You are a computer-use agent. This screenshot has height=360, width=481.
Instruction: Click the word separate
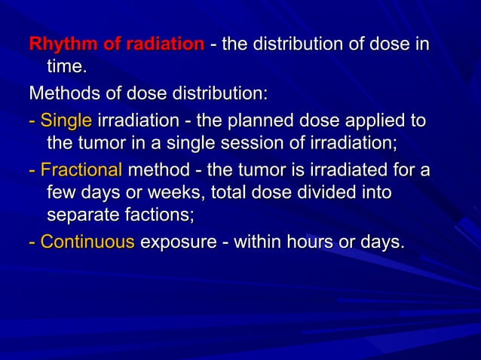coord(80,217)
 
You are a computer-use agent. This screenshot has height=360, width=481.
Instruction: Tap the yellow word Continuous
coord(87,243)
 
